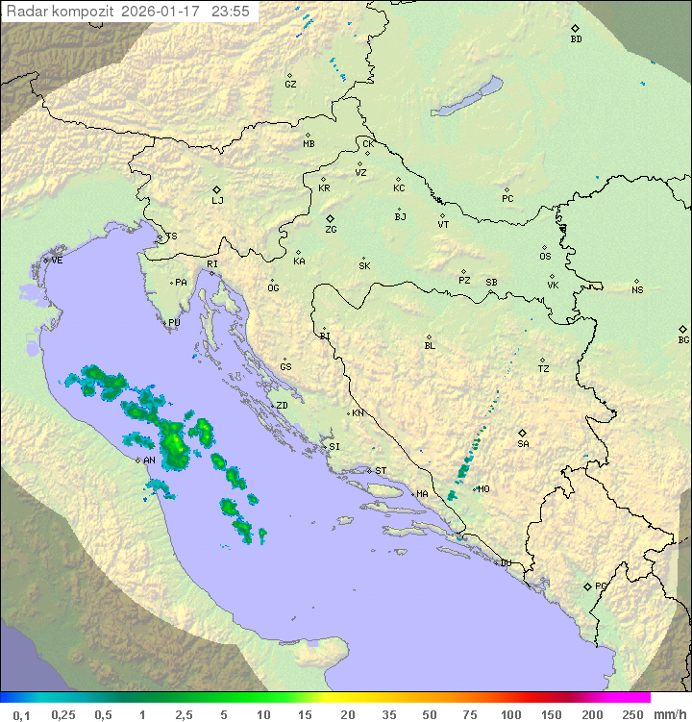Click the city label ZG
pos(331,230)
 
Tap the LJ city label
pos(217,201)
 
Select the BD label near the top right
pos(576,39)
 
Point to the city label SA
pos(523,443)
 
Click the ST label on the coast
pos(381,471)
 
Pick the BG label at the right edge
pos(683,339)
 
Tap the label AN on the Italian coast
pos(149,461)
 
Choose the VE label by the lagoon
pos(57,261)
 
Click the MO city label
pos(483,489)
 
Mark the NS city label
pos(637,290)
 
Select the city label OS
pos(545,257)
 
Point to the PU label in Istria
pos(174,323)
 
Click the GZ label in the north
pos(290,85)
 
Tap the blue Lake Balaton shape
pos(467,96)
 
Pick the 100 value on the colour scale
pos(510,714)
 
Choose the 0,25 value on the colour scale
pos(63,714)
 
